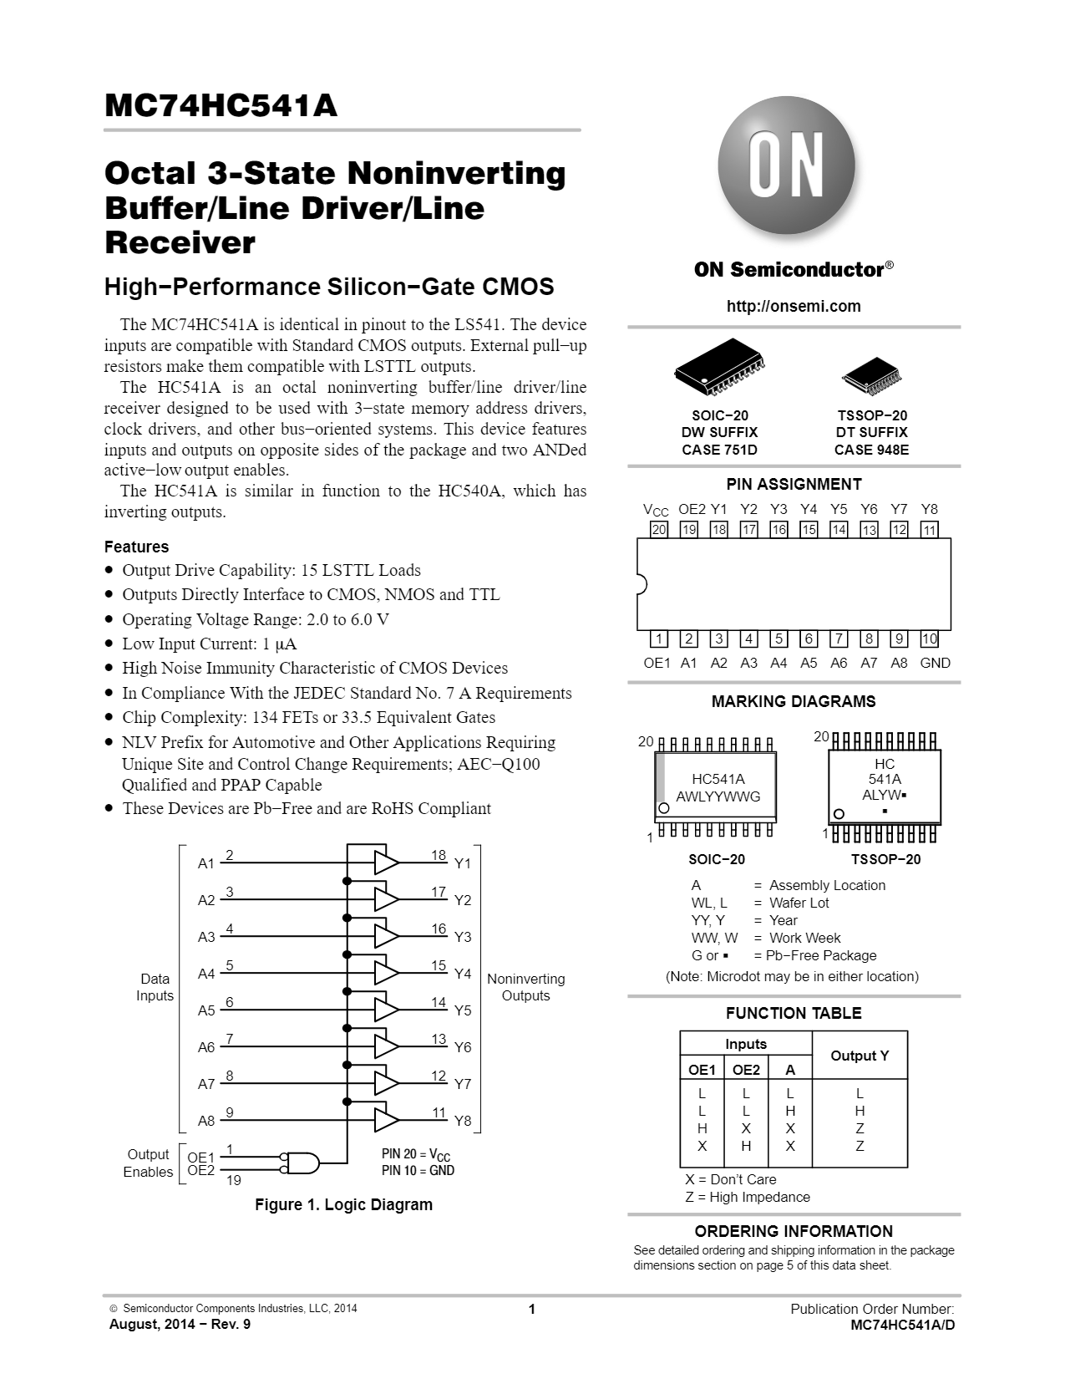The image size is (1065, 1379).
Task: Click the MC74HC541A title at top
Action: point(221,106)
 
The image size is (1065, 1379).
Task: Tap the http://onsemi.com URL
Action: point(794,306)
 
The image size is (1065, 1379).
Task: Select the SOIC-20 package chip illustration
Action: point(720,369)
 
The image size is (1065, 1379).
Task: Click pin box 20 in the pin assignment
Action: point(658,529)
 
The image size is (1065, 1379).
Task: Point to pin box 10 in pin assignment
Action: point(929,639)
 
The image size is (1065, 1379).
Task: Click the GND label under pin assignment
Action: point(935,663)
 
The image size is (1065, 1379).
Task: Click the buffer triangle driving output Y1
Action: point(386,863)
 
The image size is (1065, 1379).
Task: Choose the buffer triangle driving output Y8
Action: point(386,1120)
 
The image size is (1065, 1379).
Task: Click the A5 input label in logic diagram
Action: point(206,1010)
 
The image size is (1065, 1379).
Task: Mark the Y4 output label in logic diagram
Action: point(463,974)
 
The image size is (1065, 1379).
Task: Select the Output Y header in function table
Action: point(859,1056)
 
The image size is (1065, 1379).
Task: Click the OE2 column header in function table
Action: point(746,1070)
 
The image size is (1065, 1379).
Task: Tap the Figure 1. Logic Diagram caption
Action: point(343,1204)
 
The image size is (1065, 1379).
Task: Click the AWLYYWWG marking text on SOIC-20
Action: point(718,796)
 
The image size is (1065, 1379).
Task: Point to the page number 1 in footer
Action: point(531,1310)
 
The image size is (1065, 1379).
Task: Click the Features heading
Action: point(136,547)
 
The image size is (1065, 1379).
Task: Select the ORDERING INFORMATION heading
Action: point(793,1231)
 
